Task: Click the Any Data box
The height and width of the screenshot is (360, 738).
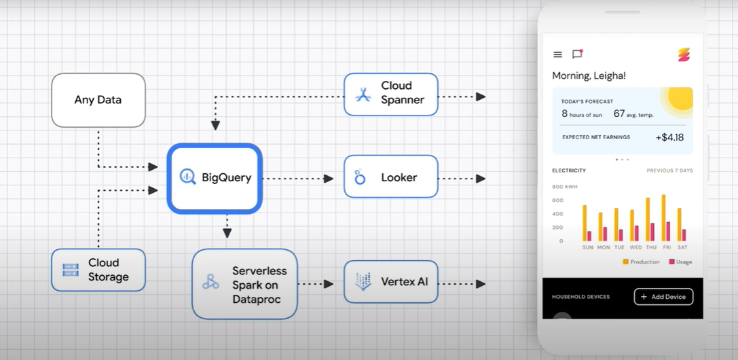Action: (98, 100)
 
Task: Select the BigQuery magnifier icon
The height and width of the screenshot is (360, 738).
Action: (188, 177)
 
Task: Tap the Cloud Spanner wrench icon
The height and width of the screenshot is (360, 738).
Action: (363, 94)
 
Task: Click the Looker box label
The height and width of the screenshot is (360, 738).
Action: (399, 177)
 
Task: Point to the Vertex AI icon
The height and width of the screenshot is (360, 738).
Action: (363, 281)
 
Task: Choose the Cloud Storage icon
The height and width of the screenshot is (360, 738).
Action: (71, 270)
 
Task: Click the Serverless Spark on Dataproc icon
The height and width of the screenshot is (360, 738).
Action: (211, 281)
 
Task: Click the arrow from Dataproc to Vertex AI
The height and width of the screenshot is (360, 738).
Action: (316, 284)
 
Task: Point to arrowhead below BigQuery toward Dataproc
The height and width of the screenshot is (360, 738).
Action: (227, 232)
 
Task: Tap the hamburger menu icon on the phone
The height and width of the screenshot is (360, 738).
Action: (557, 54)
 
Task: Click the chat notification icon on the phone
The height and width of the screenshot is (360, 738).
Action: (578, 54)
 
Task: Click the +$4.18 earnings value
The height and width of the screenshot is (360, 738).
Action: (669, 137)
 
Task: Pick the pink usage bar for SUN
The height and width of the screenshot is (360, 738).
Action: (589, 236)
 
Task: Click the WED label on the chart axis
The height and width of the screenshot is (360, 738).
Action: (635, 247)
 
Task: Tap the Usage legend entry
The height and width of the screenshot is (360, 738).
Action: (680, 262)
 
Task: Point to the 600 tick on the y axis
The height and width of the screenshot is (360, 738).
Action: (557, 200)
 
